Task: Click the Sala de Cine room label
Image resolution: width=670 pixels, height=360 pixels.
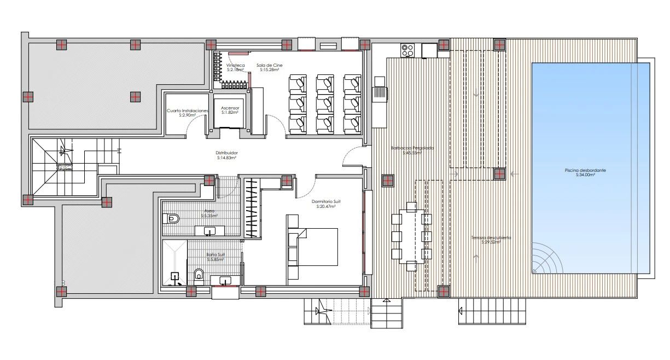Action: (269, 67)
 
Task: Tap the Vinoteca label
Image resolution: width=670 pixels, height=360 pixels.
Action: (236, 67)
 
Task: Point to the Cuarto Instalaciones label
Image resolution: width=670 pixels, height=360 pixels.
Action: (188, 113)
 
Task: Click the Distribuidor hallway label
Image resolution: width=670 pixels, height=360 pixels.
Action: (226, 155)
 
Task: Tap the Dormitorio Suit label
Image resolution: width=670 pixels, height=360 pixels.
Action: (323, 204)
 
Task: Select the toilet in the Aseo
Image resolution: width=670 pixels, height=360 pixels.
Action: (171, 219)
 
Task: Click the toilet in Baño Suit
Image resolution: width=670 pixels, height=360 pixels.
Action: (199, 274)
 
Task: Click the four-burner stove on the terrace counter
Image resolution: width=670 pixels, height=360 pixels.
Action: (407, 50)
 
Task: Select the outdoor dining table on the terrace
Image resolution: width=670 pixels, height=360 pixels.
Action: (411, 236)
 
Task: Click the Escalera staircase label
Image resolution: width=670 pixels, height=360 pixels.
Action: (65, 167)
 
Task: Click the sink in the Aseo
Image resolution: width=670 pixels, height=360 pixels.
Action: (209, 231)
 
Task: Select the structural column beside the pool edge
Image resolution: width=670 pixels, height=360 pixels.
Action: (499, 174)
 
